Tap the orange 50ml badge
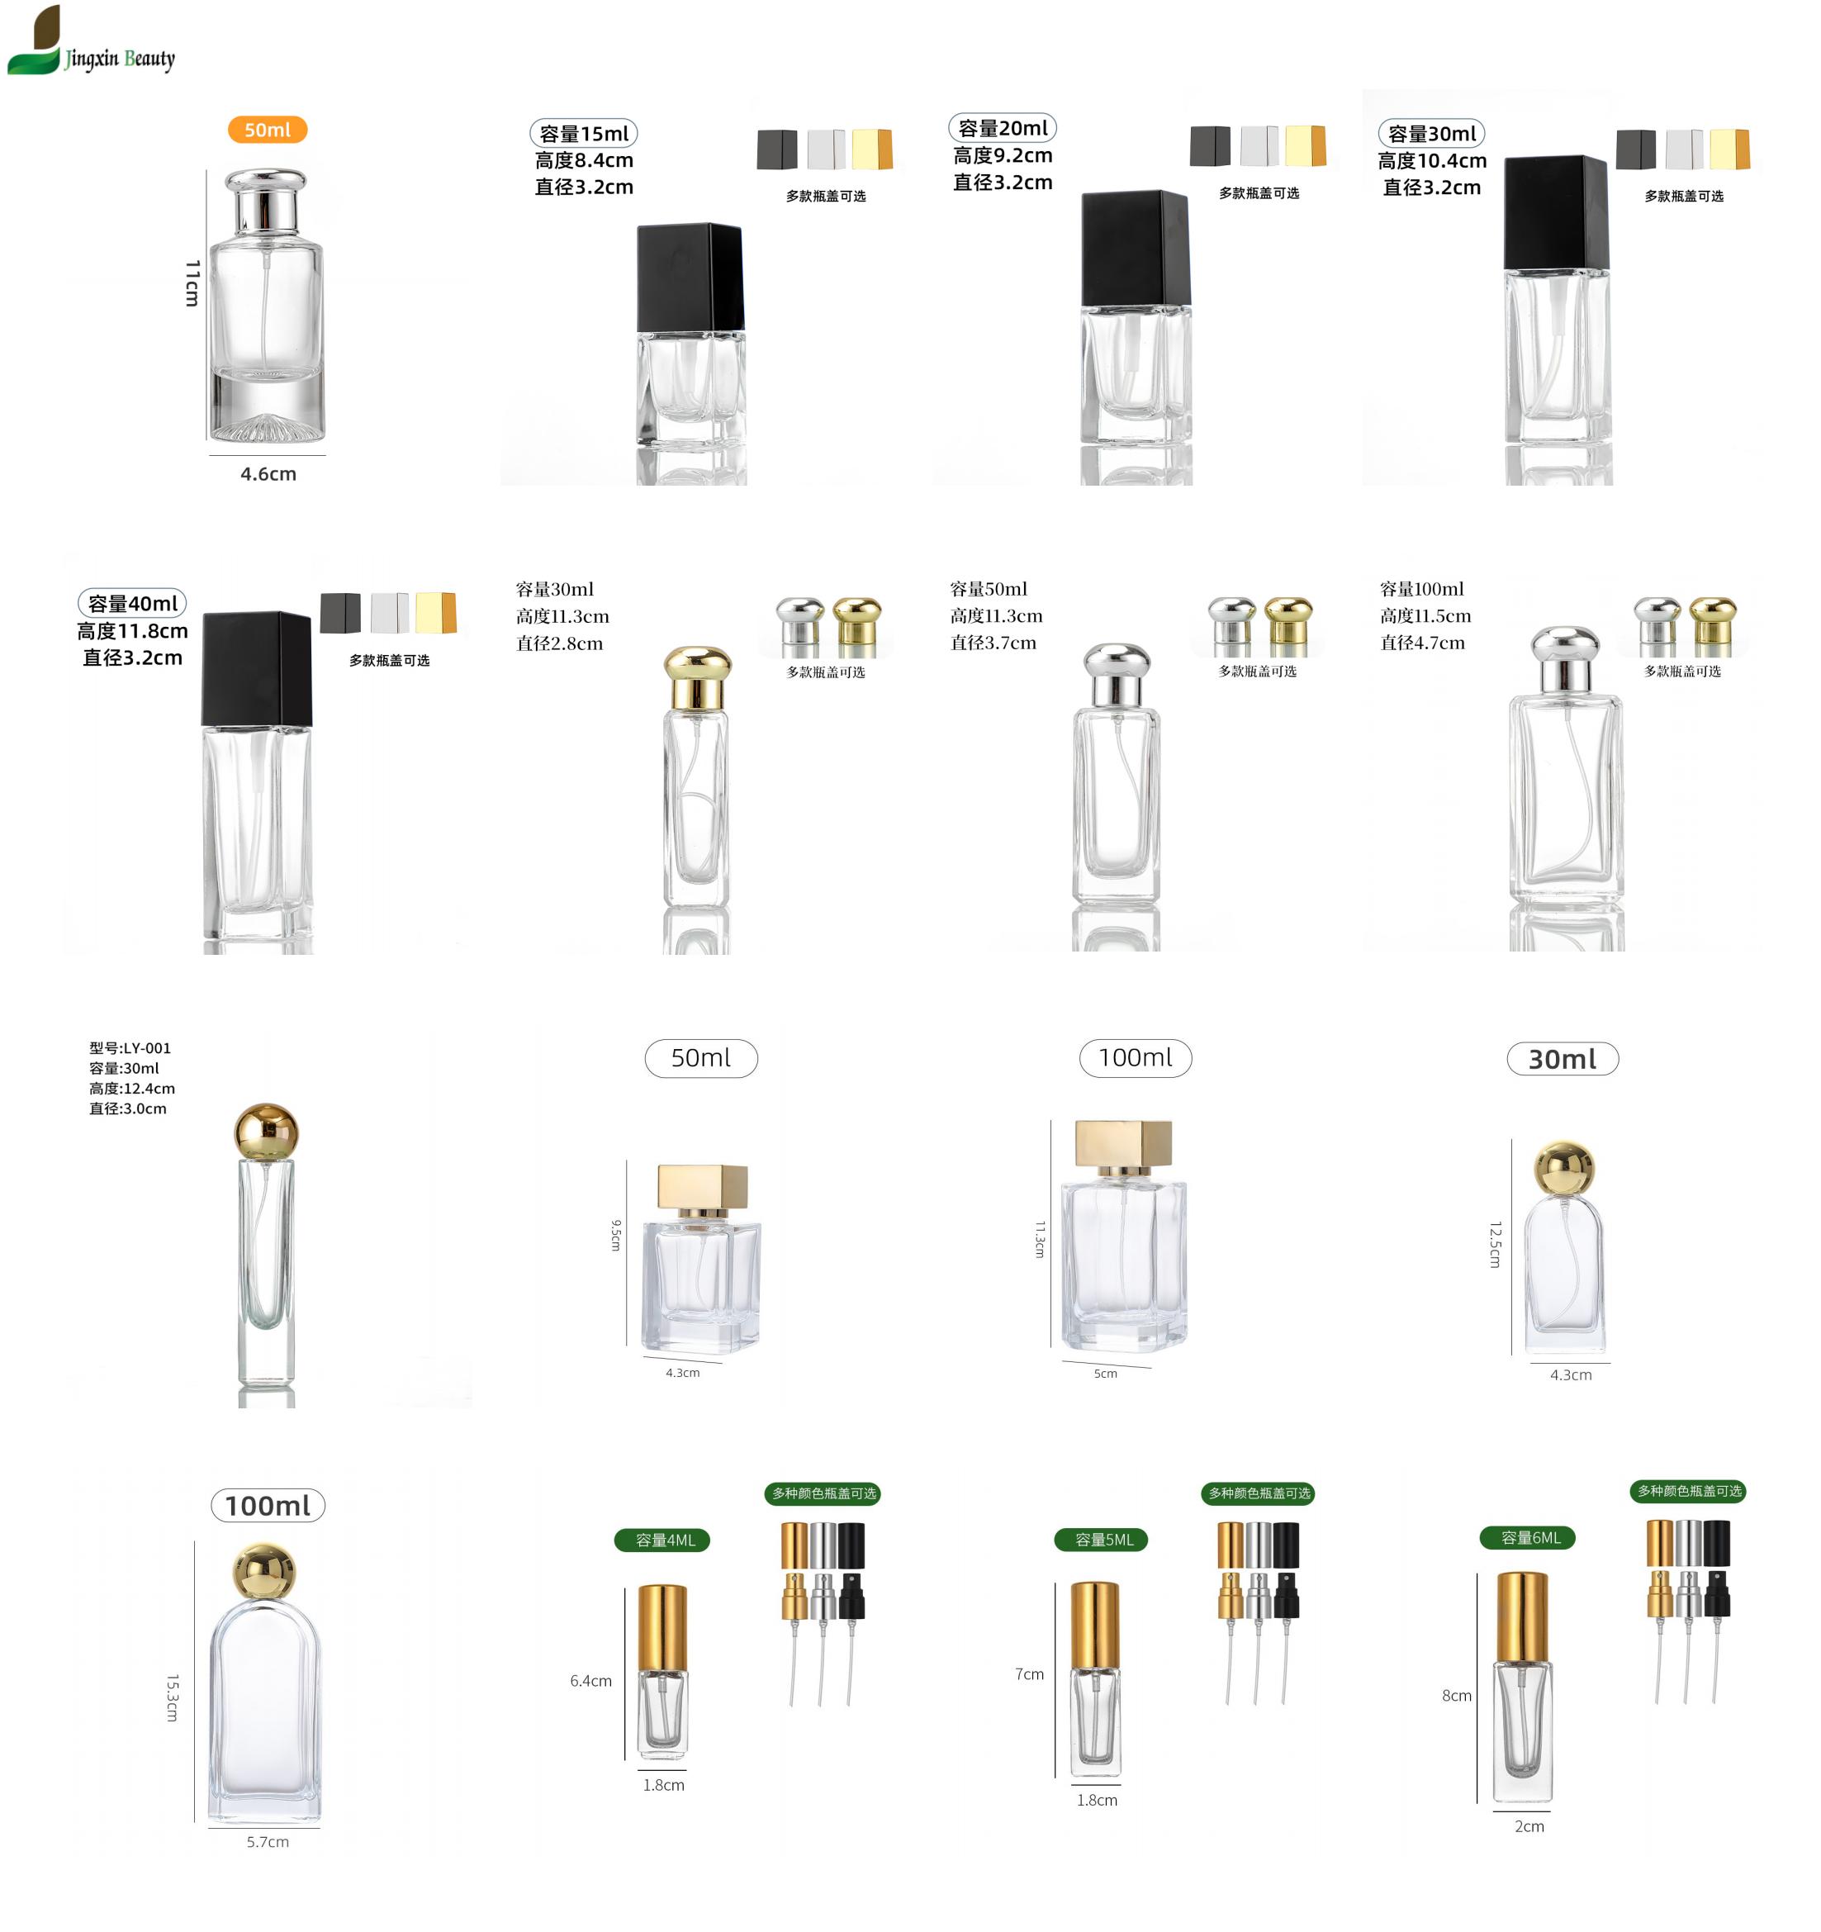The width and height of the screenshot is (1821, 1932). click(268, 129)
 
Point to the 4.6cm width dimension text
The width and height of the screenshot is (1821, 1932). click(268, 474)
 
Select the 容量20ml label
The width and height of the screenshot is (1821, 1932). click(1002, 128)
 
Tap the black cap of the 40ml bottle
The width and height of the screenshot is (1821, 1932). click(257, 668)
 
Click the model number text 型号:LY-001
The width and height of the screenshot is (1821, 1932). click(130, 1047)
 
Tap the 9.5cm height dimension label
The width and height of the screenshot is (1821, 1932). click(615, 1235)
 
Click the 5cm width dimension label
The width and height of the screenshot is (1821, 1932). click(1106, 1373)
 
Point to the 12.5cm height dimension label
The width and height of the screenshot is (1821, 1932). click(1496, 1245)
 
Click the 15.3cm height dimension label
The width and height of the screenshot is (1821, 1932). click(172, 1697)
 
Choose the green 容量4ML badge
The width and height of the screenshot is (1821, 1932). click(662, 1540)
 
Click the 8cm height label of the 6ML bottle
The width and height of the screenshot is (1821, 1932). click(1457, 1695)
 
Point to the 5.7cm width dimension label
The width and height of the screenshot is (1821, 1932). click(268, 1842)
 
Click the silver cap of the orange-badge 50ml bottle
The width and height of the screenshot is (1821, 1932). click(265, 200)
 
